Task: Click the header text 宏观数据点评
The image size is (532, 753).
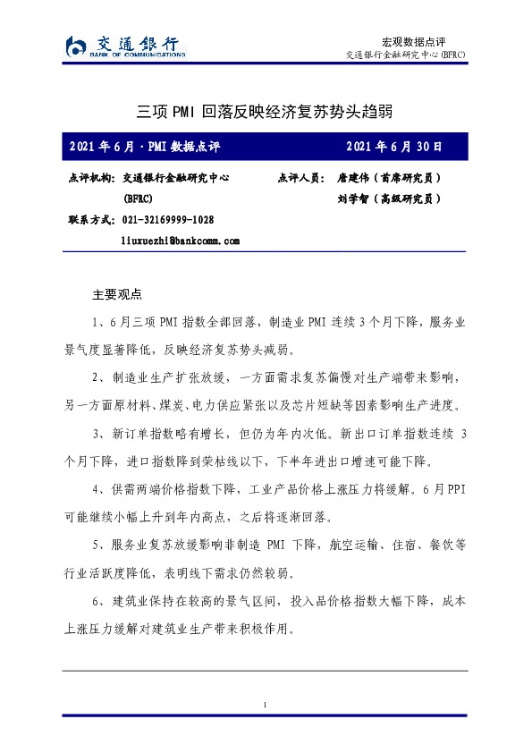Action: point(412,41)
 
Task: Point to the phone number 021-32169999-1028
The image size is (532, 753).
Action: point(167,219)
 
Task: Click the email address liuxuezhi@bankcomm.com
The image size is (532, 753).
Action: point(181,241)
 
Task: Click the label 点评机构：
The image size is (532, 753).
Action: point(91,178)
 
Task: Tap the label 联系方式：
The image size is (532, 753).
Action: point(91,219)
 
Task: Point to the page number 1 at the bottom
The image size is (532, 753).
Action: point(266,706)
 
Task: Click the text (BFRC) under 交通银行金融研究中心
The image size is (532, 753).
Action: point(138,199)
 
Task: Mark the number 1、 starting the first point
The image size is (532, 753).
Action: point(99,320)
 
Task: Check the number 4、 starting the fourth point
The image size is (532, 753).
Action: point(99,490)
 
